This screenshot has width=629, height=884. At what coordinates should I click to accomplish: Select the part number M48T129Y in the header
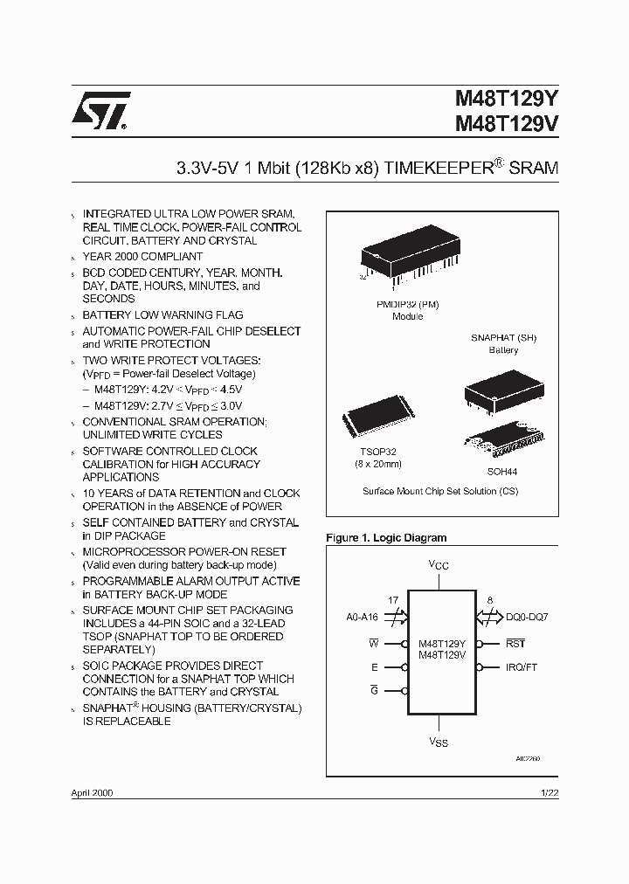[x=507, y=100]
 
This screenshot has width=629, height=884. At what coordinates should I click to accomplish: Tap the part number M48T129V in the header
[x=507, y=125]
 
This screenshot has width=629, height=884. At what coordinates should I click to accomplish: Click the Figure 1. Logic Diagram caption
[x=385, y=538]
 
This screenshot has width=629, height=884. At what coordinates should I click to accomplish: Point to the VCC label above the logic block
[x=439, y=566]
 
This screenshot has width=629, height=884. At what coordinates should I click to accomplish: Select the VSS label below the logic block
[x=439, y=742]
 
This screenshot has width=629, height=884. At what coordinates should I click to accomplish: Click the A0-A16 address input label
[x=363, y=618]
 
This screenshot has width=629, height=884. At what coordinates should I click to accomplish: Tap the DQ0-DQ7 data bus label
[x=527, y=618]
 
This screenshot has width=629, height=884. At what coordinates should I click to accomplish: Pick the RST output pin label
[x=515, y=644]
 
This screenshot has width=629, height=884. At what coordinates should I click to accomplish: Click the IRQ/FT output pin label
[x=522, y=666]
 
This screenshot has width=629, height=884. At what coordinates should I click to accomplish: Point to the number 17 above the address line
[x=393, y=600]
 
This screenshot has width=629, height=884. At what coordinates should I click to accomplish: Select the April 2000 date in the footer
[x=91, y=792]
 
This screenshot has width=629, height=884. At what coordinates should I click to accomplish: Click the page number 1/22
[x=550, y=792]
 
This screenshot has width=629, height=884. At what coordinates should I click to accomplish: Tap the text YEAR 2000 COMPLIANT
[x=142, y=257]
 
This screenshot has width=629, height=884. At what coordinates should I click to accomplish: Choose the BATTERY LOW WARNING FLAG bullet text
[x=162, y=314]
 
